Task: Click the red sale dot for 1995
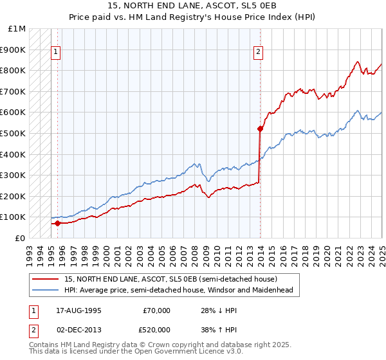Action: point(58,224)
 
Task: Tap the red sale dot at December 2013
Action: point(260,129)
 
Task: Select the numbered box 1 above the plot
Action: point(56,53)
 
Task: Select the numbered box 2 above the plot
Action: point(258,53)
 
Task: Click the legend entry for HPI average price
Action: point(178,290)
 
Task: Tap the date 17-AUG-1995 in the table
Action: point(79,311)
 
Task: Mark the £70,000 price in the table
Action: point(156,311)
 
